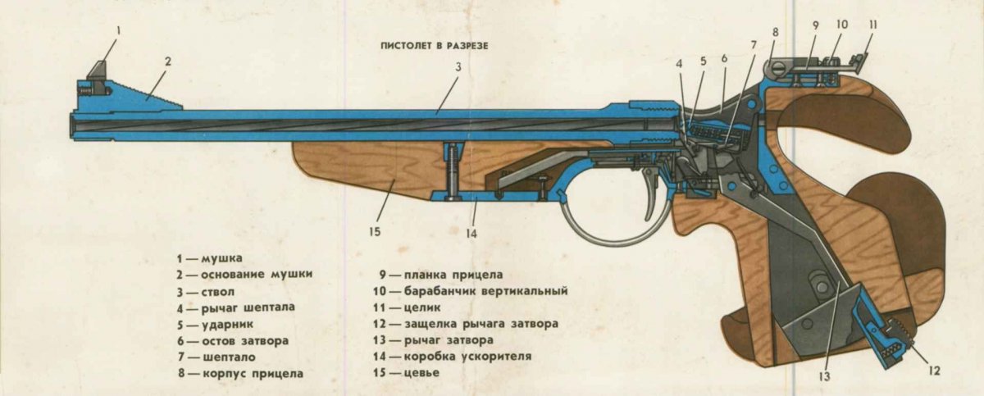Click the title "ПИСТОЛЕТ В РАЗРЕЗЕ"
tap(435, 46)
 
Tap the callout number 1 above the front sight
tap(118, 30)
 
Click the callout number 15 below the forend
tap(375, 231)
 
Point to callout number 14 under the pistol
tap(471, 234)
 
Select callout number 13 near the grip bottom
tap(824, 376)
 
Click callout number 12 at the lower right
tap(934, 371)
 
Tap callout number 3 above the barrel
tap(458, 66)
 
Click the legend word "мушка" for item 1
tap(221, 258)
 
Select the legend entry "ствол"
tap(218, 292)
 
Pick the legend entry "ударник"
tap(228, 325)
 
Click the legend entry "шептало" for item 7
tap(229, 357)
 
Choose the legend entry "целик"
tap(422, 307)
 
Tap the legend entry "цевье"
tap(421, 373)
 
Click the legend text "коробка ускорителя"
tap(467, 357)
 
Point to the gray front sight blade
tap(98, 71)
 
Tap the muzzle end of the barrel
tap(72, 125)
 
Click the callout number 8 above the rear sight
tap(775, 32)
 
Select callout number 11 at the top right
tap(872, 25)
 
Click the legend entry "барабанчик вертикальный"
tap(485, 291)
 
